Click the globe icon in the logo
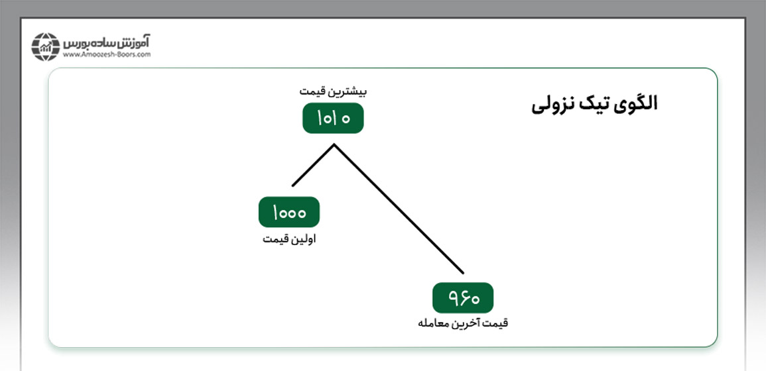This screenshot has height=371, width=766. click(x=46, y=47)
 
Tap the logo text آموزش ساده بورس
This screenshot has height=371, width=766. click(x=107, y=42)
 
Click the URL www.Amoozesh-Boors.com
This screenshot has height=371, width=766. click(x=107, y=55)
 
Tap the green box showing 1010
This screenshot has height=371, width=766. click(x=333, y=118)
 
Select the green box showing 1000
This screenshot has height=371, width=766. click(x=289, y=212)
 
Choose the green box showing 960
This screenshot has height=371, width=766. click(x=463, y=297)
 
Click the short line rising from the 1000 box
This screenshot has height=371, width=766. click(x=313, y=165)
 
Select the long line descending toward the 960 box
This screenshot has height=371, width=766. click(x=399, y=209)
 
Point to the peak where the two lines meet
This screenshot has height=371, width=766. click(x=334, y=144)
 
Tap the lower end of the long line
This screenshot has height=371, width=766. click(x=463, y=272)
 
